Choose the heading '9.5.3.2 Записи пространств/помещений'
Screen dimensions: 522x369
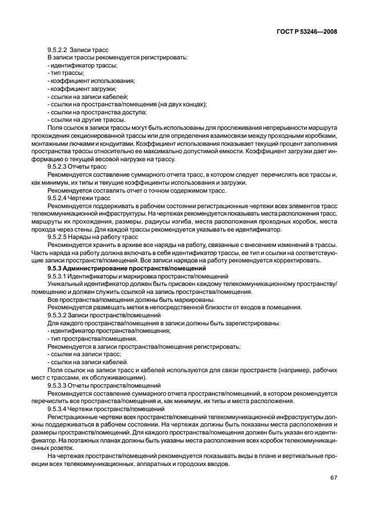tap(100, 314)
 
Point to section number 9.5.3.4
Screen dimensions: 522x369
tap(59, 409)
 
